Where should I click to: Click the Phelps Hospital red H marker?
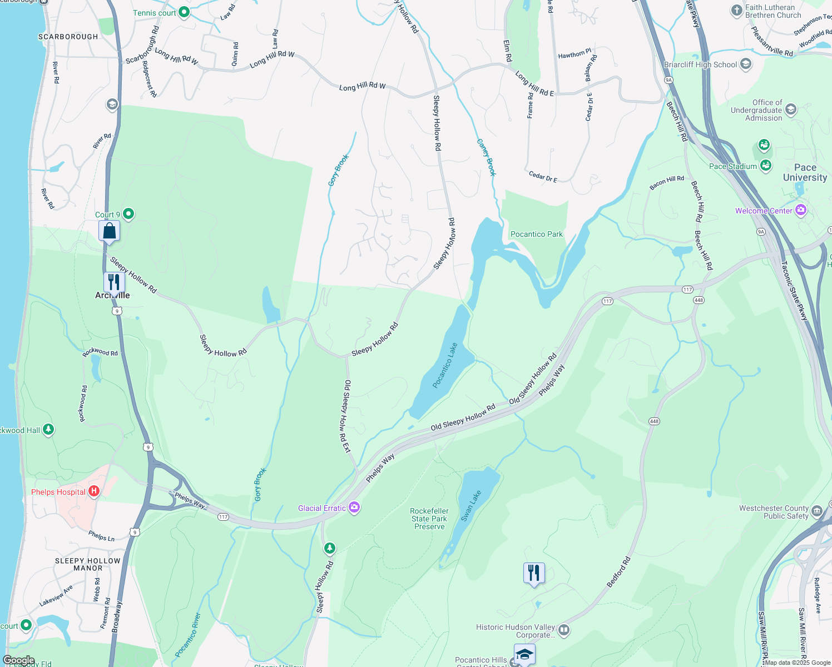coord(94,491)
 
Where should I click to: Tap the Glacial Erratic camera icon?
coord(354,507)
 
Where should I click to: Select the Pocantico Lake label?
coord(445,365)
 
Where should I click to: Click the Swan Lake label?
coord(471,506)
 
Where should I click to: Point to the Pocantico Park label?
coord(537,234)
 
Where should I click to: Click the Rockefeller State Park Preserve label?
coord(429,519)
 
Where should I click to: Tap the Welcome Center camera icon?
coord(801,210)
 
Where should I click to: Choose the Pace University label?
coord(805,172)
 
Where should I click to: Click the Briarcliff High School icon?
coord(746,64)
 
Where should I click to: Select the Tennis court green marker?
coord(184,12)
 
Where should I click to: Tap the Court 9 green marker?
coord(128,214)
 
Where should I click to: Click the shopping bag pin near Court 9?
coord(110,231)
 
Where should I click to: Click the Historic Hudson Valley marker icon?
coord(564,630)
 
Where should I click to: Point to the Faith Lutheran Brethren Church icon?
coord(736,11)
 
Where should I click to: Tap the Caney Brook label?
coord(486,157)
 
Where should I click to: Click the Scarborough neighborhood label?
coord(68,37)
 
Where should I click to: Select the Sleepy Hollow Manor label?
coord(88,564)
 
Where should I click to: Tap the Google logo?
coord(18,660)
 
